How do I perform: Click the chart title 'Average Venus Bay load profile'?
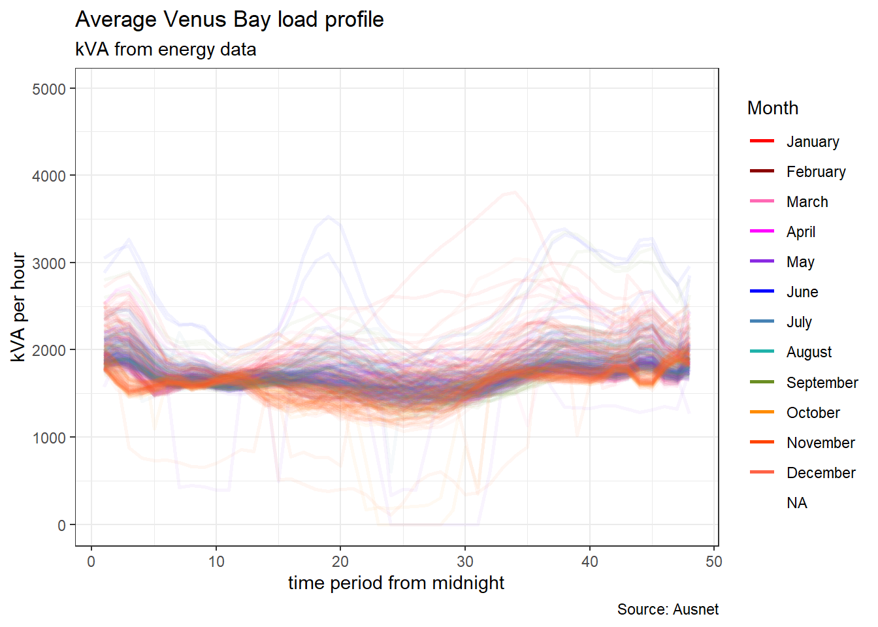[229, 20]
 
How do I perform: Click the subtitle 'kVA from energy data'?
[165, 50]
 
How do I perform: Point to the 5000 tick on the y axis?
[49, 89]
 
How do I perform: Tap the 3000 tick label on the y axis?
[49, 263]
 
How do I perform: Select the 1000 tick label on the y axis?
[49, 438]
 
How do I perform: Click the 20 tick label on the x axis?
[340, 562]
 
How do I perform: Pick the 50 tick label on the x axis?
[714, 562]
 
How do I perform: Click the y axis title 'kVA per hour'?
[18, 307]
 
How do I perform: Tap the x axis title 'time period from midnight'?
[396, 583]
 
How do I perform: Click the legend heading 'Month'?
[772, 108]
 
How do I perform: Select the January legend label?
[813, 142]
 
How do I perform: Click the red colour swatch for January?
[762, 141]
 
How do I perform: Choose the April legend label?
[801, 232]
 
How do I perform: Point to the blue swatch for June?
[762, 291]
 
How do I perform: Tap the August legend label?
[809, 352]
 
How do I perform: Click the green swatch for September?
[762, 382]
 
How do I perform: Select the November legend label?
[821, 443]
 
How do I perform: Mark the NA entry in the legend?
[797, 503]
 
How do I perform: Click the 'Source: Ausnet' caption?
[668, 609]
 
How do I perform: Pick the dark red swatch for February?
[762, 171]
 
